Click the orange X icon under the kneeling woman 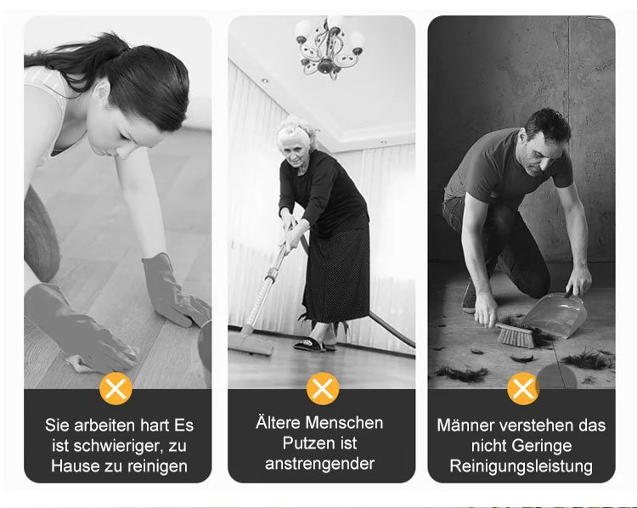pos(116,388)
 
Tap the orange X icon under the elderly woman pos(323,388)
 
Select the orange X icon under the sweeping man pos(523,388)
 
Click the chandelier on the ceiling pos(330,48)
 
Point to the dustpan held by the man pos(559,314)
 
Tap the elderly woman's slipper pos(310,345)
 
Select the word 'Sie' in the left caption pos(57,426)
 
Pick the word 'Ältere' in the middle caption pos(279,422)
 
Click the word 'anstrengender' pos(319,464)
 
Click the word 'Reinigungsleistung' pos(521,466)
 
